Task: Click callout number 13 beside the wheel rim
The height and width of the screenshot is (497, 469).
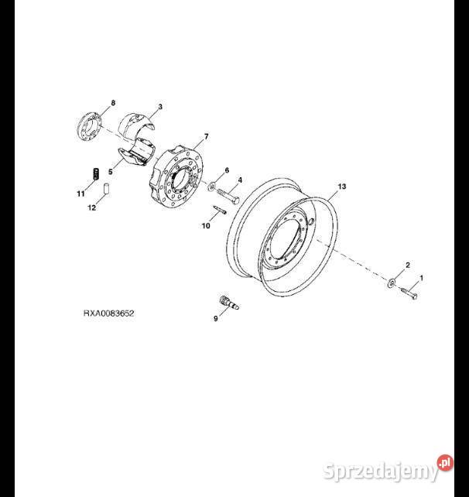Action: [342, 187]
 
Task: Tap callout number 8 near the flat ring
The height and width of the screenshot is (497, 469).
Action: [113, 103]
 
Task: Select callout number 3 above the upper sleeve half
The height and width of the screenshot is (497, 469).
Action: [160, 107]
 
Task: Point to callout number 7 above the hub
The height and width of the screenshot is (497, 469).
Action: [207, 137]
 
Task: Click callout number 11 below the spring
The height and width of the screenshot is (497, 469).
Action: [80, 194]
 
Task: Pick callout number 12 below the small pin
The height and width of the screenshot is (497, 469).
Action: [91, 208]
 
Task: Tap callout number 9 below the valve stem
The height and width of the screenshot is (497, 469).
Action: [216, 318]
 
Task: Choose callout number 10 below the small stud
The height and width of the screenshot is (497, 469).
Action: [206, 226]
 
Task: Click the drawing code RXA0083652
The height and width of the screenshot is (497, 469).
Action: [108, 314]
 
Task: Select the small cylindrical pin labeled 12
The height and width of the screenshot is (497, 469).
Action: [107, 189]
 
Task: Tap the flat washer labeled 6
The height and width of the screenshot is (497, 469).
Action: [211, 187]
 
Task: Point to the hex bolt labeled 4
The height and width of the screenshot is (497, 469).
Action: [228, 197]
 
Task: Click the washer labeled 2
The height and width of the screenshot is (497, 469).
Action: [392, 281]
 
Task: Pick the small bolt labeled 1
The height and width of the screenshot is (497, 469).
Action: [409, 293]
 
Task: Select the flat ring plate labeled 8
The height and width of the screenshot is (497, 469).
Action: [89, 126]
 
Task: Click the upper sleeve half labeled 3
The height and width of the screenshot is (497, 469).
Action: [136, 124]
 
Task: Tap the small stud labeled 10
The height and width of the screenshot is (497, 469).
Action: [219, 209]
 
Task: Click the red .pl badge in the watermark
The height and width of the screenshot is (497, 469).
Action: [445, 463]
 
